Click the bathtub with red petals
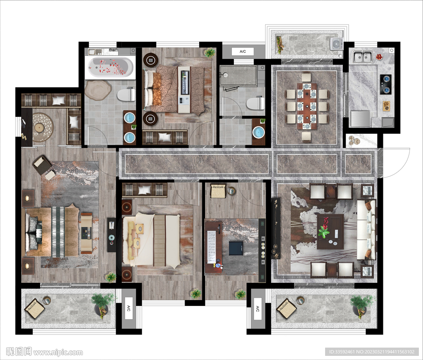pos(110,67)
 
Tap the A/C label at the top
pos(243,52)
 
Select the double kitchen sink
pos(362,57)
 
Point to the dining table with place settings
pos(307,106)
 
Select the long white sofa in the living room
pos(366,230)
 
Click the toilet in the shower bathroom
pos(255,103)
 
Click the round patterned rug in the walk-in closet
pos(43,127)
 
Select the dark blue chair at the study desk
pos(236,248)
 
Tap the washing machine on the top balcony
pos(336,44)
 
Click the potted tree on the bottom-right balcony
pos(361,306)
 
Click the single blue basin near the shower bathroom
pos(259,132)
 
